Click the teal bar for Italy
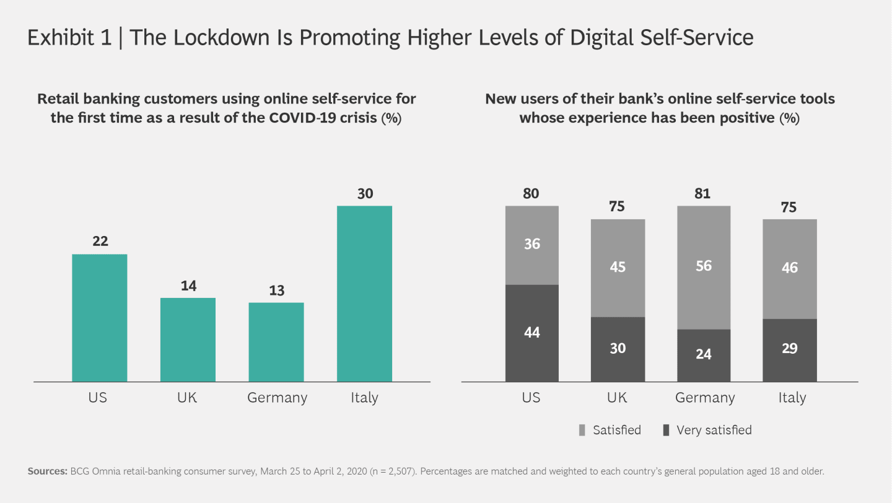364,294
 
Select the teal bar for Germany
276,342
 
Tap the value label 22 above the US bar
100,241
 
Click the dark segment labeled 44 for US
531,333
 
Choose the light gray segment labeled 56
704,266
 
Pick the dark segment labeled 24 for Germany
704,355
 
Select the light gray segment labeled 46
789,268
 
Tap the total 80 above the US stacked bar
531,193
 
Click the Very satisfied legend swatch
666,430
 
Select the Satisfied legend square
582,430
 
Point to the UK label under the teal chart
187,397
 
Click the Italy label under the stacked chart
792,397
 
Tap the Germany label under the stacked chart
705,398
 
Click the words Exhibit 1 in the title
68,38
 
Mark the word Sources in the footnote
48,471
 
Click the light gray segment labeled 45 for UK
618,268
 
